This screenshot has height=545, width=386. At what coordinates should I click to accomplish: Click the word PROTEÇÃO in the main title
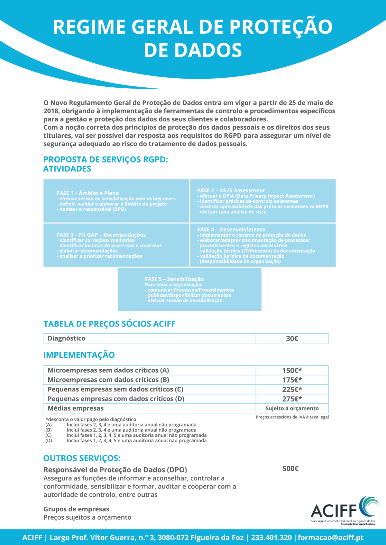281,27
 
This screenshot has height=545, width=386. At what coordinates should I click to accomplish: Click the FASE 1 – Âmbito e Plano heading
88,193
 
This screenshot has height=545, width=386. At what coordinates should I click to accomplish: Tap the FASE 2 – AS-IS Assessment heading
231,190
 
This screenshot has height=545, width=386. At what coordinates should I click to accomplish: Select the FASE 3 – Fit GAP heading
101,235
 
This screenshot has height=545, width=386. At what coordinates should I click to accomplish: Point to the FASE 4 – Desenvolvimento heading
231,230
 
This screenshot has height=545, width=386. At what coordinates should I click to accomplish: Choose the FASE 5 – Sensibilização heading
174,279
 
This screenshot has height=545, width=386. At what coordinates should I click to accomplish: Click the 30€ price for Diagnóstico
292,338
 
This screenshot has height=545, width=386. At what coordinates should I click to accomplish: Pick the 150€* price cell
292,370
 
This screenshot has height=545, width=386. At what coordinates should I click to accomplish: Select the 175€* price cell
292,380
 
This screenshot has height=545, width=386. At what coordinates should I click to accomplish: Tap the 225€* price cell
292,390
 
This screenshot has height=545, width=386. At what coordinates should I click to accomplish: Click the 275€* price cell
292,399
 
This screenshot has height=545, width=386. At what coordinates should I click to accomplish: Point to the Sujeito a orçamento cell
292,409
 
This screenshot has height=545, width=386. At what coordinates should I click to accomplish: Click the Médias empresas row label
76,409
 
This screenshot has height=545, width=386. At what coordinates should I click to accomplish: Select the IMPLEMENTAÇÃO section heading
79,355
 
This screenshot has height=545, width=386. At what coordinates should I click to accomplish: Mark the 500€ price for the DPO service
290,469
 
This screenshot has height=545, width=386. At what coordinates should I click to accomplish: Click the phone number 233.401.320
271,538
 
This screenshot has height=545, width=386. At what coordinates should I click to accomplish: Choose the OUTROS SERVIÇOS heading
82,458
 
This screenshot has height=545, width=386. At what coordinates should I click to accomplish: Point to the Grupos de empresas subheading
76,509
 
